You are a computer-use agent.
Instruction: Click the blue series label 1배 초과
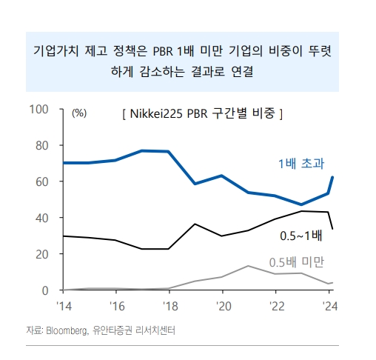300,163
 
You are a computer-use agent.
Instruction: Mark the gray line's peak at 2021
249,266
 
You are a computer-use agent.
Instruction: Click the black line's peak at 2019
195,224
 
